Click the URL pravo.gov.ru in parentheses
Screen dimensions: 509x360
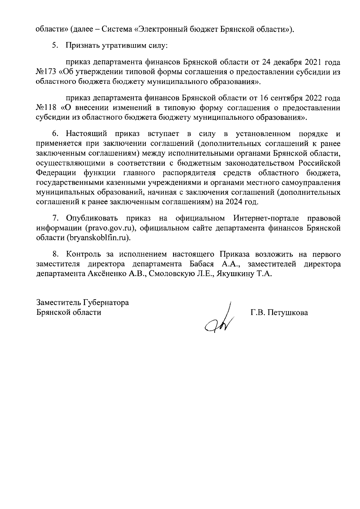click(x=109, y=228)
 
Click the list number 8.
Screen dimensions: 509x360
click(x=55, y=254)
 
